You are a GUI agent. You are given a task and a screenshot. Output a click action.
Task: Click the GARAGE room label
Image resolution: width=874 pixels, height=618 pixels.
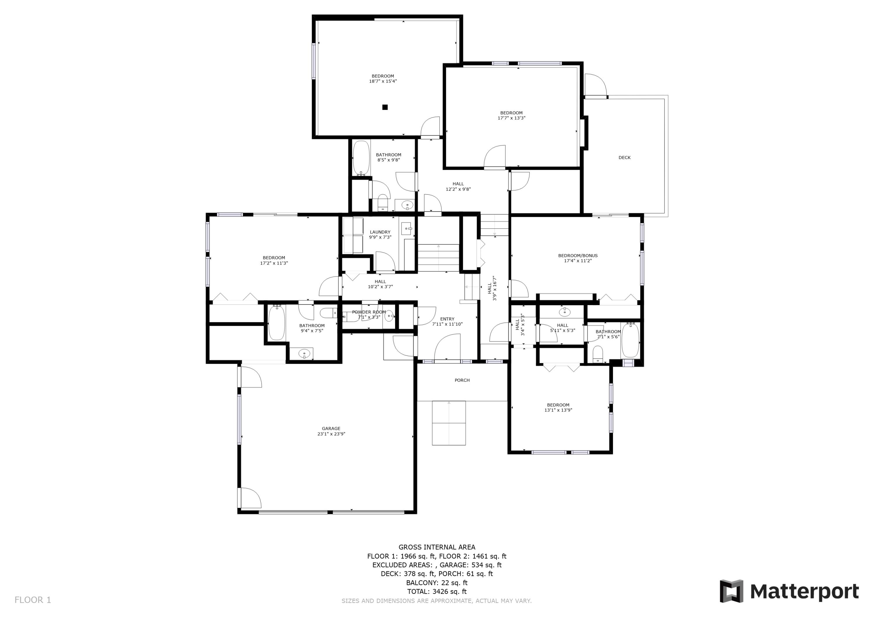coord(331,428)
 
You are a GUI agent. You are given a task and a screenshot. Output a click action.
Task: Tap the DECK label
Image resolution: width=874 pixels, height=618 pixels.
coord(624,157)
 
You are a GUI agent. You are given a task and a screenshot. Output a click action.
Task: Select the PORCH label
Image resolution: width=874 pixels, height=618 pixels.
coord(462,380)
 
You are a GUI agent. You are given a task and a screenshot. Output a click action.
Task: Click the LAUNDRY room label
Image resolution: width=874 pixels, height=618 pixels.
coord(380,232)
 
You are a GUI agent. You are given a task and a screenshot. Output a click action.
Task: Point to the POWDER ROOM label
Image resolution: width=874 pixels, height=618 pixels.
coord(369,312)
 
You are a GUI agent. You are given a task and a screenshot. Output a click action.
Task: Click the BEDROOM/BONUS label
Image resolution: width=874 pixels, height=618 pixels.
coord(577,256)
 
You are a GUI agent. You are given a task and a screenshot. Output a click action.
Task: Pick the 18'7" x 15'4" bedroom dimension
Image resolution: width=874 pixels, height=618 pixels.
coord(383,81)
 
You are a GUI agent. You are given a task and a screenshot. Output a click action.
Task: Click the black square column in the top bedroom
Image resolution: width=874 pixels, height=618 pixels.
coord(385,108)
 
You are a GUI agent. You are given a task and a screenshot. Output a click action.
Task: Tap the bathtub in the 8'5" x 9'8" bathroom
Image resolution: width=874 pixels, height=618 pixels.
coord(361,157)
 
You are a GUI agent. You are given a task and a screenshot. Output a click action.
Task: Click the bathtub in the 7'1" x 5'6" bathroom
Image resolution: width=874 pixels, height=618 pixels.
coord(630,340)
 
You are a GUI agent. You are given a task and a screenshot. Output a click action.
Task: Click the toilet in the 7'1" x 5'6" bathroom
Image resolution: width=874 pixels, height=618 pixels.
coord(598,354)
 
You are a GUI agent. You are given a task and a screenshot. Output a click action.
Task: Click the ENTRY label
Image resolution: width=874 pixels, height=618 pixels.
coord(447,319)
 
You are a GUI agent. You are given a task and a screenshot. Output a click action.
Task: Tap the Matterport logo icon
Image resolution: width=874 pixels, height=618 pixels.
coord(731,591)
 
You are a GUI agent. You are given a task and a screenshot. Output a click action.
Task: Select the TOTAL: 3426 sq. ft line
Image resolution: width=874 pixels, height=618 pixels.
coord(437,591)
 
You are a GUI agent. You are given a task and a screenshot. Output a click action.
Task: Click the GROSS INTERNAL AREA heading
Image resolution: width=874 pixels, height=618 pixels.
coord(437,547)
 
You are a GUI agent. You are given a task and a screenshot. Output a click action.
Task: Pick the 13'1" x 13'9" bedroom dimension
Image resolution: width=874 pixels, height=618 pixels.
coord(558,410)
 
